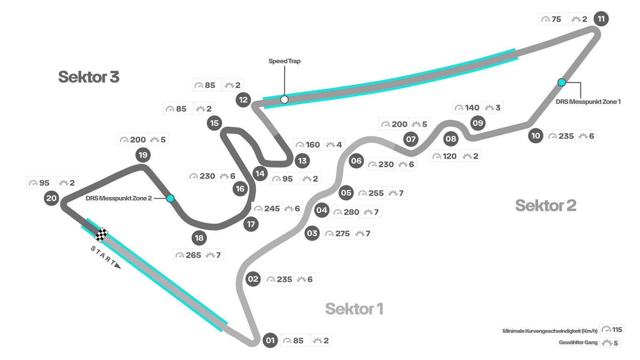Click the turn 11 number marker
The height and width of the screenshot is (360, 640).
(601, 19)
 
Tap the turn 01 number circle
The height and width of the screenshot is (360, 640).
(270, 340)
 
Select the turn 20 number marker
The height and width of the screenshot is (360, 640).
(51, 198)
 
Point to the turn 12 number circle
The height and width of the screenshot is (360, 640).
(243, 100)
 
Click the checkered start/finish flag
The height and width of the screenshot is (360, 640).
(101, 235)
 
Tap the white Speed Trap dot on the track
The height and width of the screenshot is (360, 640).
(284, 100)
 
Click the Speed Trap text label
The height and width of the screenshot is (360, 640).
(284, 61)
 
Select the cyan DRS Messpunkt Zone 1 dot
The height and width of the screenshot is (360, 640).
(562, 82)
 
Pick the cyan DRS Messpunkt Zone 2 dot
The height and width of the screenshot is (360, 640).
(170, 198)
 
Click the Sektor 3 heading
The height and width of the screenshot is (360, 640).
(89, 77)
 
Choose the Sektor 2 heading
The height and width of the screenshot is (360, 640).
(545, 205)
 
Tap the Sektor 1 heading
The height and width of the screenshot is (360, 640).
(354, 309)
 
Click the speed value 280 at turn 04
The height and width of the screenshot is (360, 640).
(351, 212)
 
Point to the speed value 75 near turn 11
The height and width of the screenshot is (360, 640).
(556, 19)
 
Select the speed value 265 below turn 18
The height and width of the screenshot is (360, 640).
(193, 255)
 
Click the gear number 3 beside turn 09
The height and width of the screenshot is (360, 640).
(498, 108)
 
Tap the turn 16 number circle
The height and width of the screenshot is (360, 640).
(240, 189)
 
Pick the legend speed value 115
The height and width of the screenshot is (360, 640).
(617, 330)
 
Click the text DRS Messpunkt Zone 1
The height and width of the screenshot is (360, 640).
(588, 102)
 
